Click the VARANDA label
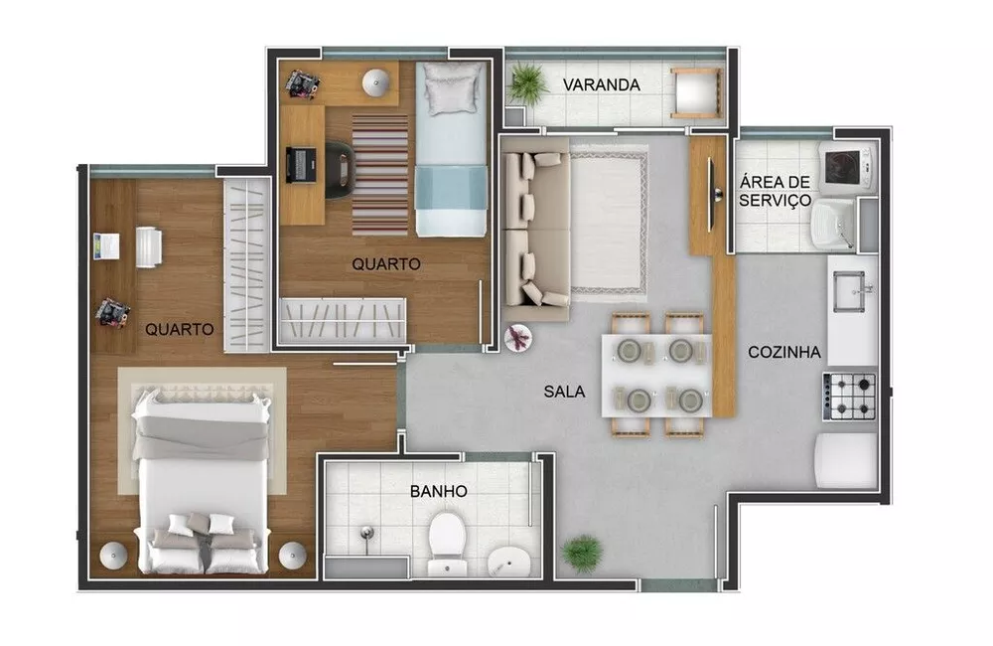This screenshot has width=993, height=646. point(601,84)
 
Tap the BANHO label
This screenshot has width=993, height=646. point(438,491)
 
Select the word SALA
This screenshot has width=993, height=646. point(564,392)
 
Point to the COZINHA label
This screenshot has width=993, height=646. point(783,351)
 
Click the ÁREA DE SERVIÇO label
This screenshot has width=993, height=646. point(776,190)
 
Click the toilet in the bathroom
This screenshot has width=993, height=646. point(448,537)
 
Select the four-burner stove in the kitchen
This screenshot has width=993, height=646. point(851,396)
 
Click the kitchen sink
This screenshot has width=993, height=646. point(851,288)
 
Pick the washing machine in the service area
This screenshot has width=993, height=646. point(846,164)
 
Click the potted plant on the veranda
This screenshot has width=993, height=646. point(527,82)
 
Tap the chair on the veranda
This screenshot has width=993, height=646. point(694,93)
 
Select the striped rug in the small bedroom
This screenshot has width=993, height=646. point(379,174)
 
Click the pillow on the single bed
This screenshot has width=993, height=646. point(451,90)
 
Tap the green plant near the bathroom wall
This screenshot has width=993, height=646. point(582,553)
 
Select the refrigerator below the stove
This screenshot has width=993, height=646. point(846,460)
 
